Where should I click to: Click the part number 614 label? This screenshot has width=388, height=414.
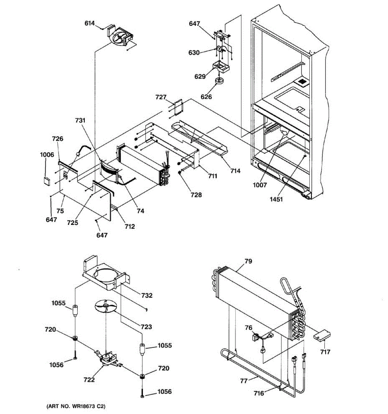click(90, 23)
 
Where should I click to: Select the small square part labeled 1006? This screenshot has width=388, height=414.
click(47, 180)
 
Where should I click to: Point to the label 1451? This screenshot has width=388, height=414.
click(277, 199)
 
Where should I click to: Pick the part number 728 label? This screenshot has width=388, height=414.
click(196, 195)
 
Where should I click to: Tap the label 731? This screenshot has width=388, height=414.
click(80, 120)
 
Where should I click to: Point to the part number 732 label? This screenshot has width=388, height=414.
click(147, 295)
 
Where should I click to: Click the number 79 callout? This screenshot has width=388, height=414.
click(248, 261)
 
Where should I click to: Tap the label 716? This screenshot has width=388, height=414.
click(259, 393)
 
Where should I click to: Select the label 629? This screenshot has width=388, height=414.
click(200, 76)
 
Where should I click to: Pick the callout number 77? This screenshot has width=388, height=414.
click(244, 381)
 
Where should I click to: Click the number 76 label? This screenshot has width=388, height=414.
click(248, 328)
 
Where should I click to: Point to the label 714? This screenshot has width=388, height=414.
click(236, 171)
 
